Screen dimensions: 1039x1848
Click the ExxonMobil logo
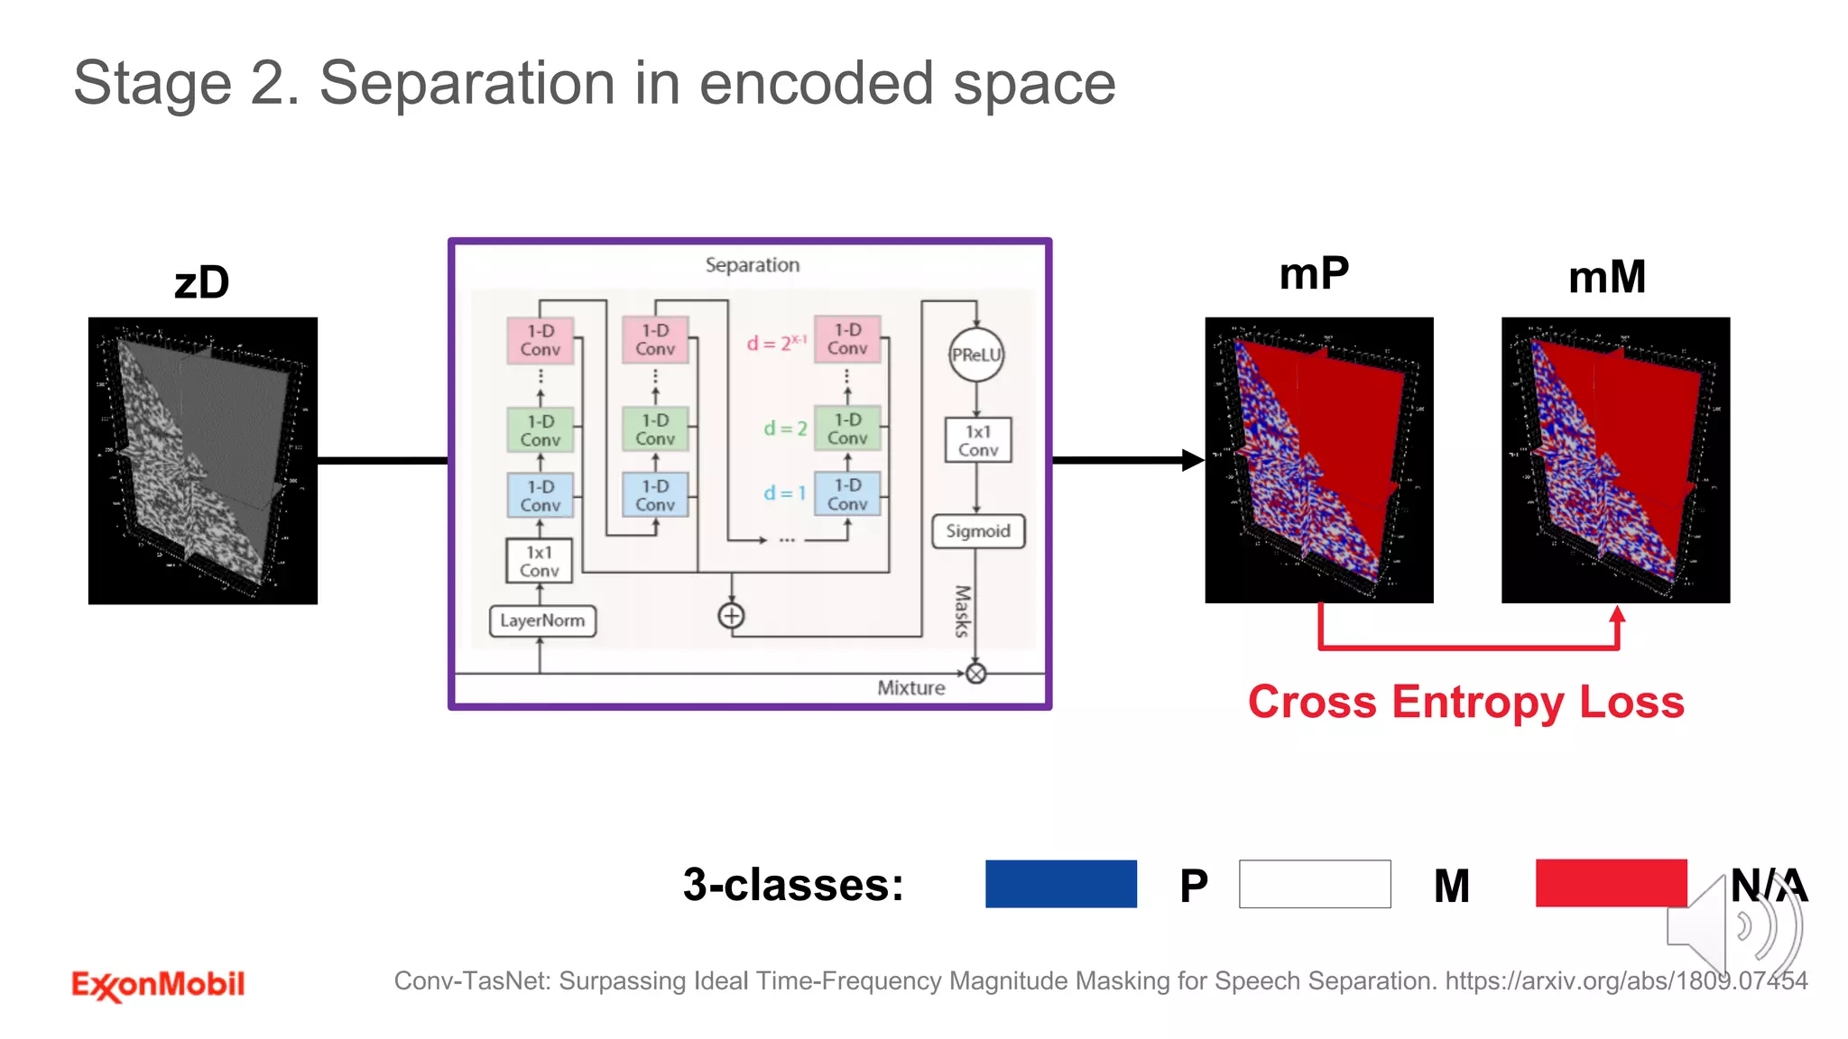[x=158, y=984]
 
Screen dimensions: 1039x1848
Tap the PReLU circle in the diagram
[x=976, y=354]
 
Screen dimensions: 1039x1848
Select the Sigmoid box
[x=978, y=531]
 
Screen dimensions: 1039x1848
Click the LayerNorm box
[x=542, y=621]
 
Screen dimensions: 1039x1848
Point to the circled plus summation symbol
[x=731, y=616]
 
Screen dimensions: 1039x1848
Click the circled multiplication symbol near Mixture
[x=976, y=674]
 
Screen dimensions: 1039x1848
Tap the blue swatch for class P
[x=1060, y=883]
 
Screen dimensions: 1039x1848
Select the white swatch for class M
[x=1315, y=883]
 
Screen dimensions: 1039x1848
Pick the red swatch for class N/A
[x=1611, y=883]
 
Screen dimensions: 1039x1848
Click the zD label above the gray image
[x=202, y=282]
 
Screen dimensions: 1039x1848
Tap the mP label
[x=1314, y=273]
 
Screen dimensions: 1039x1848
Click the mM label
[x=1607, y=277]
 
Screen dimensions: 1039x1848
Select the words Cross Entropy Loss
[x=1465, y=702]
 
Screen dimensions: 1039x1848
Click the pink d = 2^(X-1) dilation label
[x=776, y=343]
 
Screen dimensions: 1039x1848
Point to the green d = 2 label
[x=785, y=428]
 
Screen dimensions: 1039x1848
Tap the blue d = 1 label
[x=784, y=493]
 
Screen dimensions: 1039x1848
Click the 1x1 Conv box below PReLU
[x=978, y=440]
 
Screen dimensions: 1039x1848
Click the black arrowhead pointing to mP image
[x=1192, y=460]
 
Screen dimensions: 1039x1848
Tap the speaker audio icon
[x=1734, y=924]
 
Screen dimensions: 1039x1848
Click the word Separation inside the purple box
[x=752, y=265]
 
